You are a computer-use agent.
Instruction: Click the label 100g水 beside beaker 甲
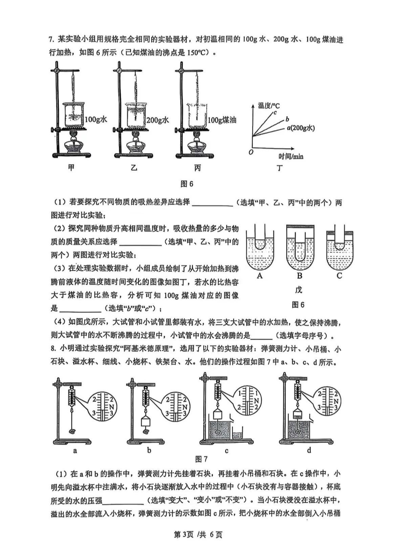pyautogui.click(x=96, y=120)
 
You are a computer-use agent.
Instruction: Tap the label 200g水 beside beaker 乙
pyautogui.click(x=158, y=120)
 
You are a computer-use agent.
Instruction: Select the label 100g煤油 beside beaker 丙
pyautogui.click(x=222, y=120)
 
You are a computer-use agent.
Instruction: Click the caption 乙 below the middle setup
pyautogui.click(x=134, y=168)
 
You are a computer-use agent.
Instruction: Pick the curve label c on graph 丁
pyautogui.click(x=275, y=113)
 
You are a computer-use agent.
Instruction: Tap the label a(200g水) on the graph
pyautogui.click(x=301, y=128)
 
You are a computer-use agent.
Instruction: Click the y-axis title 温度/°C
pyautogui.click(x=269, y=105)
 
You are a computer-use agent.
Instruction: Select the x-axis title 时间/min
pyautogui.click(x=291, y=156)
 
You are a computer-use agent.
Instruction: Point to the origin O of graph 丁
pyautogui.click(x=251, y=152)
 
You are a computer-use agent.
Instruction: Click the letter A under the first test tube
pyautogui.click(x=260, y=276)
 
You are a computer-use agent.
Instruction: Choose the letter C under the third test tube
pyautogui.click(x=339, y=276)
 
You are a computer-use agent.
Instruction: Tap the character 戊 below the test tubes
pyautogui.click(x=299, y=290)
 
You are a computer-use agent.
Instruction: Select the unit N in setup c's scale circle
pyautogui.click(x=257, y=401)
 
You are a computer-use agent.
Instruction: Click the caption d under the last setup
pyautogui.click(x=309, y=450)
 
